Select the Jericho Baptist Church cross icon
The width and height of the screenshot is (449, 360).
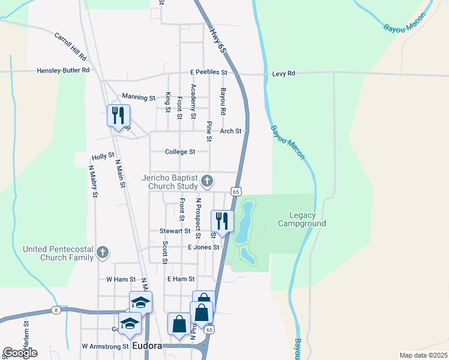tap(207, 180)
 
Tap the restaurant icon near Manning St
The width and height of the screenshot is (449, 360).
tap(118, 115)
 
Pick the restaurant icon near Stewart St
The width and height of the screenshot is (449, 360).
tap(222, 221)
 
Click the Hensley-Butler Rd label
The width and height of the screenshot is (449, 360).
tap(63, 70)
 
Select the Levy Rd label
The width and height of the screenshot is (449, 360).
tap(283, 73)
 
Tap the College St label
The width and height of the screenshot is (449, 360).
tap(180, 152)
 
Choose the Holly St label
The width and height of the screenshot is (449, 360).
tap(103, 156)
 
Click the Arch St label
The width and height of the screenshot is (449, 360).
tap(231, 131)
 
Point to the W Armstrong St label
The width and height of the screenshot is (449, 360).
tap(106, 346)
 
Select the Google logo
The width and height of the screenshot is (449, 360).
tap(20, 353)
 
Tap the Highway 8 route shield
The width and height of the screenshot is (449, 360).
tap(56, 310)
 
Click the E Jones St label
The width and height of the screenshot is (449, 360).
tap(204, 247)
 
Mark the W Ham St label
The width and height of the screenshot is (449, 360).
tap(118, 279)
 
